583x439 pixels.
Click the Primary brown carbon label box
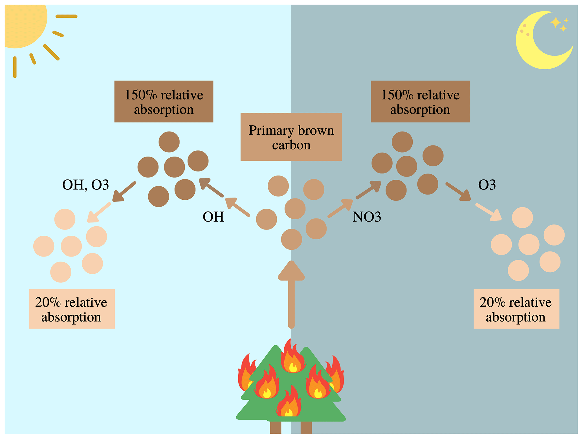coord(291,137)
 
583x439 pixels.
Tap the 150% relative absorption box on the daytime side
coord(164,101)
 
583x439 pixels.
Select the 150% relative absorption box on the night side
coord(420,101)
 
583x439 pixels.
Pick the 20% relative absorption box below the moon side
coord(516,309)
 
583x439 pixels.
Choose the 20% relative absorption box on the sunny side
coord(72,309)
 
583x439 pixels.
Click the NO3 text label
coord(367,217)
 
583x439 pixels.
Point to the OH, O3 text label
coord(85,185)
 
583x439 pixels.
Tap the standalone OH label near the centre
coord(213,217)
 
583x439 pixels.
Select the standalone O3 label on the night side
coord(487,185)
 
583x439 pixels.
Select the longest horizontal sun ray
coord(66,16)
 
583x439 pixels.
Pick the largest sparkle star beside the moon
coord(555,23)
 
